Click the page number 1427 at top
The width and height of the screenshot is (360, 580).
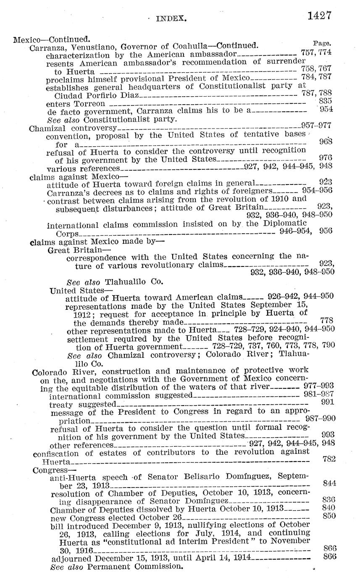pyautogui.click(x=320, y=16)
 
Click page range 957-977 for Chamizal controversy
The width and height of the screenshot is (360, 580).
pyautogui.click(x=316, y=125)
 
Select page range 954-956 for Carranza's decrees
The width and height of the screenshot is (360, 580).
pyautogui.click(x=317, y=190)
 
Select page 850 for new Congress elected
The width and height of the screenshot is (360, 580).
pyautogui.click(x=329, y=516)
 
